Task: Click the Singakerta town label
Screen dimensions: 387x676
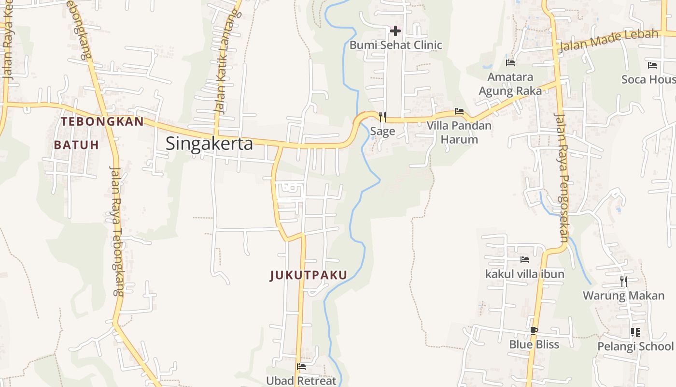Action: point(209,144)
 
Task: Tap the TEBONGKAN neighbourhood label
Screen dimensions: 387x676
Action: point(102,121)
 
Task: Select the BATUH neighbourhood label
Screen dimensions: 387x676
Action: point(76,145)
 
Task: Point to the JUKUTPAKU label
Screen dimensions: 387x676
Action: point(309,275)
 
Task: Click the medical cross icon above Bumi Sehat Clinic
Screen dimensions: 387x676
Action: point(395,31)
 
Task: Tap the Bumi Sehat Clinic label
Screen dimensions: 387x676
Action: point(395,45)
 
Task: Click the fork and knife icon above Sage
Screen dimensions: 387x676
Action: point(382,117)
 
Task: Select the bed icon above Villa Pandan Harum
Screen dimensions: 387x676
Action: point(459,111)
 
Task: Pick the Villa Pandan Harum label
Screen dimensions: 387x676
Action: point(459,133)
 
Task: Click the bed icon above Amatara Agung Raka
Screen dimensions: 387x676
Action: point(510,63)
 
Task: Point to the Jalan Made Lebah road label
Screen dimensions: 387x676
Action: point(609,41)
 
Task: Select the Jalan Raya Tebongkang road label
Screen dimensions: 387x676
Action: point(117,231)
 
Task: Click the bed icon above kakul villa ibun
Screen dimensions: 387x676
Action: point(525,260)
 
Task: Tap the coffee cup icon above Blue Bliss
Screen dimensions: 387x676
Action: point(534,330)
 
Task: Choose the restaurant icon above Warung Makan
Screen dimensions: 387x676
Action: point(624,281)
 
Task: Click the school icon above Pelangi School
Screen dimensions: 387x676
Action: point(635,332)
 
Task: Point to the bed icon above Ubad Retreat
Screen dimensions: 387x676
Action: point(301,367)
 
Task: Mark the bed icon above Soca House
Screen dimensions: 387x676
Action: point(652,65)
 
